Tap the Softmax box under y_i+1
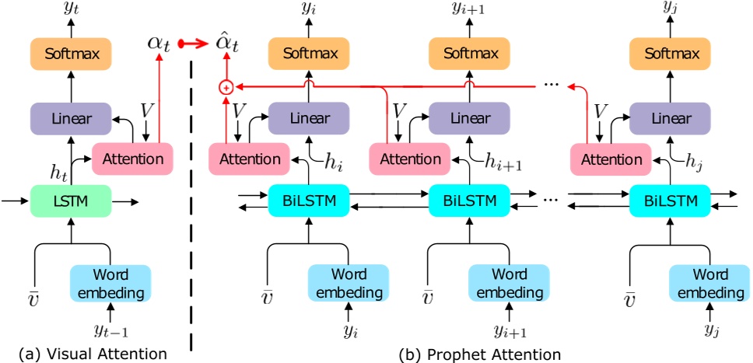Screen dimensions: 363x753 click(x=469, y=55)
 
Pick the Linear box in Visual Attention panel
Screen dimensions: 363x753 click(x=72, y=120)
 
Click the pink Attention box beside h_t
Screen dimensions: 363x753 click(x=132, y=159)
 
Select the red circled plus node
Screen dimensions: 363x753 click(x=226, y=88)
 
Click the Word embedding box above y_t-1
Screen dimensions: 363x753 click(x=110, y=284)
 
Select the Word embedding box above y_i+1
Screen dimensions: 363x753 click(x=508, y=284)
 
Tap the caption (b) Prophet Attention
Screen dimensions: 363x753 click(x=480, y=354)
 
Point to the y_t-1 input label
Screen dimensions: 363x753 click(x=110, y=332)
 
